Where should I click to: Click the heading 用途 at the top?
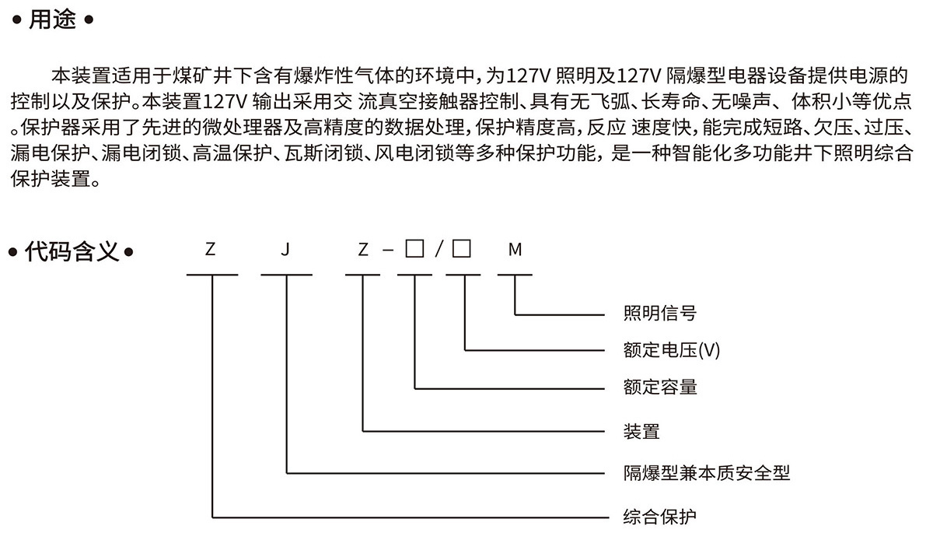point(53,19)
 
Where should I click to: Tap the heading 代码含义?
point(72,251)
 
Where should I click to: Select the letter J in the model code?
point(285,250)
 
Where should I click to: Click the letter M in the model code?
point(515,250)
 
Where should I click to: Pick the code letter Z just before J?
point(211,250)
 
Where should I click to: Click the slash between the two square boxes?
point(439,249)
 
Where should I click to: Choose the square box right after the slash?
point(462,248)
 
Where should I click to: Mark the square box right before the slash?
point(414,248)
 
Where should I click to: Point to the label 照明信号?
point(660,314)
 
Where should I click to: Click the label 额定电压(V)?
point(672,350)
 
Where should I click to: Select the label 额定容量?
point(660,387)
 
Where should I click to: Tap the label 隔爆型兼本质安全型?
point(707,473)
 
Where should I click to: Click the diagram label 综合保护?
point(660,517)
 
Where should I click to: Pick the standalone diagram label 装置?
point(641,431)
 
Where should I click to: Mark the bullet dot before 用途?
point(16,19)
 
